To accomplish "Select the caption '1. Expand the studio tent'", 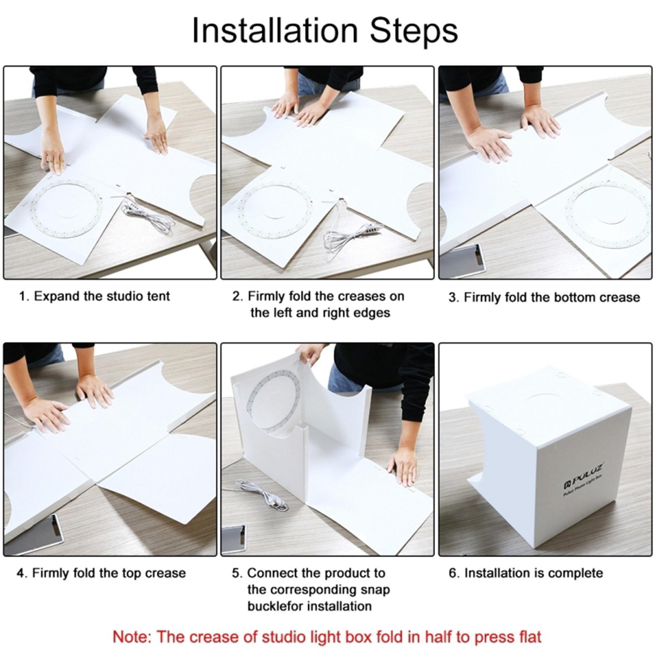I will point(94,296).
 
